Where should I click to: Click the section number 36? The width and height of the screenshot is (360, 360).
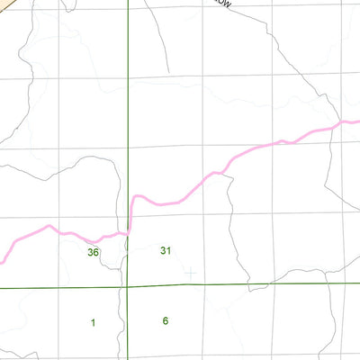coord(93,252)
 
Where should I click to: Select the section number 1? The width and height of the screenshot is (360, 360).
coord(93,321)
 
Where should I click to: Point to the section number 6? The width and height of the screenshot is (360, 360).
coord(166,320)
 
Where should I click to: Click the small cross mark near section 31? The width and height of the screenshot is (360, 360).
coord(190,271)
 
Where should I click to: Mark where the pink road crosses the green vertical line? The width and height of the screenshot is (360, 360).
coord(128,229)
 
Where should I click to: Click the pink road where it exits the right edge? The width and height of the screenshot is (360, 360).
coord(358,121)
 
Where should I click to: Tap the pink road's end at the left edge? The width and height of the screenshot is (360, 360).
coord(1,262)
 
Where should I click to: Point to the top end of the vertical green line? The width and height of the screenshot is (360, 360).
coord(128,1)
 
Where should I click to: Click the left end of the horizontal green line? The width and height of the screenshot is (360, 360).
coord(1,288)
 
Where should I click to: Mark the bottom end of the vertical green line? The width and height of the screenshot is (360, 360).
coord(127,359)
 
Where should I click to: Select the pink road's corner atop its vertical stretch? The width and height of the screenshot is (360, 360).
coord(134,196)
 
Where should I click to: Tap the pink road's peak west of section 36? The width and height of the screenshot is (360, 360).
coord(49,226)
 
